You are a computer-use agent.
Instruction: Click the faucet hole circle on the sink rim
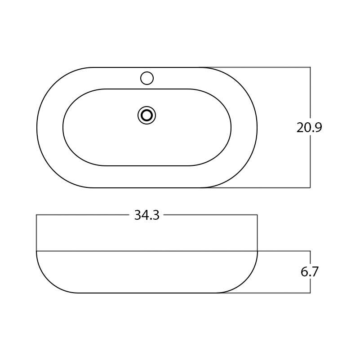(x=147, y=78)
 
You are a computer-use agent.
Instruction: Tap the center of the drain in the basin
(x=147, y=116)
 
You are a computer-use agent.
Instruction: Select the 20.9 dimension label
(x=309, y=128)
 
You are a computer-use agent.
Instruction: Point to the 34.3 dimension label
(x=147, y=215)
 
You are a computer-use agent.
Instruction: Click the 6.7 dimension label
(x=309, y=272)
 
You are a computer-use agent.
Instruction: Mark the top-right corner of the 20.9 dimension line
(x=310, y=67)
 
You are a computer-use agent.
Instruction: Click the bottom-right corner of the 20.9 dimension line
(x=310, y=187)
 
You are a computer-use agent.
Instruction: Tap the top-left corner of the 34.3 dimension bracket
(x=36, y=215)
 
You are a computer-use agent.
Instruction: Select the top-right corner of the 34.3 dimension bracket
(x=257, y=215)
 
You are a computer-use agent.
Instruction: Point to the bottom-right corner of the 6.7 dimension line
(x=310, y=293)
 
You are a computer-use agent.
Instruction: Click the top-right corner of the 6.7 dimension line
(x=310, y=251)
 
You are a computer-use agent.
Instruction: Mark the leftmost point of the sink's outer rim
(x=37, y=128)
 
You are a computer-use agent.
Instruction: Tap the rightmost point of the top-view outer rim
(x=257, y=128)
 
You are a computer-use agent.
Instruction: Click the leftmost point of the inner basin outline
(x=63, y=128)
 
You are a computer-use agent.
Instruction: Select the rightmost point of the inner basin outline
(x=231, y=128)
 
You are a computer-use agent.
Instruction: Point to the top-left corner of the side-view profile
(x=36, y=251)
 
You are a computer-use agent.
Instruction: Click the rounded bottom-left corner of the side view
(x=49, y=281)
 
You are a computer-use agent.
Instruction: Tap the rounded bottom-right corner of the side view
(x=245, y=281)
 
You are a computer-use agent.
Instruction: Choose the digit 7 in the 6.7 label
(x=315, y=272)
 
